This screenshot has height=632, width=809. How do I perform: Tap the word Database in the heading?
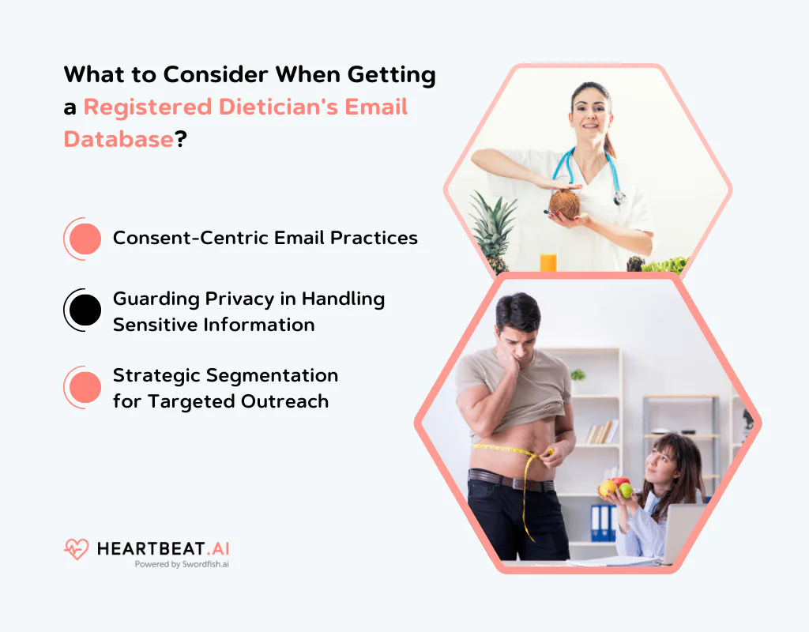(119, 139)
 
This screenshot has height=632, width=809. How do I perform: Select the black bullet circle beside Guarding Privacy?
(85, 310)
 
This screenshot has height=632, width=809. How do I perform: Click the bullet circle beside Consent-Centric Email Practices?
(85, 239)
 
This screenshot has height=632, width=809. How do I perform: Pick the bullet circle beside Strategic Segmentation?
(85, 387)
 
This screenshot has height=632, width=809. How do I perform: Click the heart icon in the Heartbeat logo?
(77, 549)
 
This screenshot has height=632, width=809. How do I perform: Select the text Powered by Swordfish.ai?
(182, 565)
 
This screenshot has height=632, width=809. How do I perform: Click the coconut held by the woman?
(564, 205)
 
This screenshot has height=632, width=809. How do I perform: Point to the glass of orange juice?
(548, 261)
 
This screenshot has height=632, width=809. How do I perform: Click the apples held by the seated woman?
(617, 487)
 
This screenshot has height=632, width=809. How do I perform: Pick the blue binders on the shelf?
(602, 521)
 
